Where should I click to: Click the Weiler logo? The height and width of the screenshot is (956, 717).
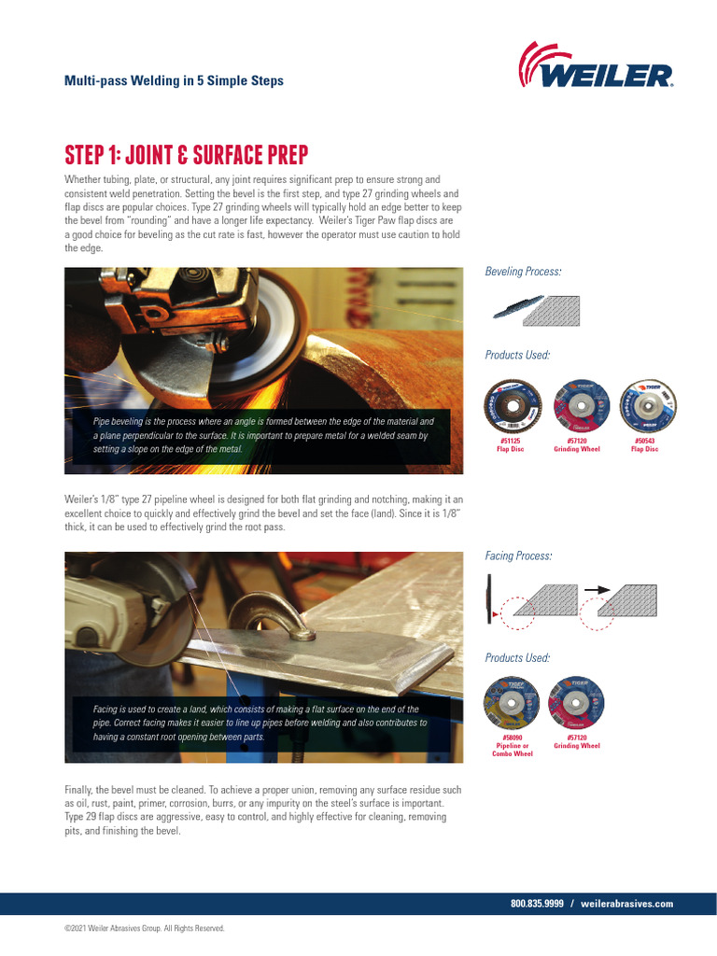click(x=596, y=66)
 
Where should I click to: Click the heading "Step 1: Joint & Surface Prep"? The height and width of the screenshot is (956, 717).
click(x=186, y=153)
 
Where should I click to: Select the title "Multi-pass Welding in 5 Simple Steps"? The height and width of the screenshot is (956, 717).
click(x=174, y=81)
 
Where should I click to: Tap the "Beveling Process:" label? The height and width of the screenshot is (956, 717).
click(x=523, y=272)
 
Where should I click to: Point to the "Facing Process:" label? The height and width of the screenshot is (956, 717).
click(x=518, y=556)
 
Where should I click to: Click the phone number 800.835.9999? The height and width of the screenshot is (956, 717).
click(x=537, y=904)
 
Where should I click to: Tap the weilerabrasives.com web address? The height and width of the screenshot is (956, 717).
click(x=626, y=904)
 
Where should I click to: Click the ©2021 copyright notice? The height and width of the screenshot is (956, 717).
click(x=144, y=929)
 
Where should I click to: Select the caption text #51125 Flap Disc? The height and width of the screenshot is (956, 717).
click(x=510, y=444)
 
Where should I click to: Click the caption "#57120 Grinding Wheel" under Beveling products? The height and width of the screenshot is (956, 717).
click(x=577, y=444)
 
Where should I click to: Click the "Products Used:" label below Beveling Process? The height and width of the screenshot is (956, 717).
click(x=517, y=356)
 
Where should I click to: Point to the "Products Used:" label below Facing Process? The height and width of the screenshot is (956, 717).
click(x=517, y=658)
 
